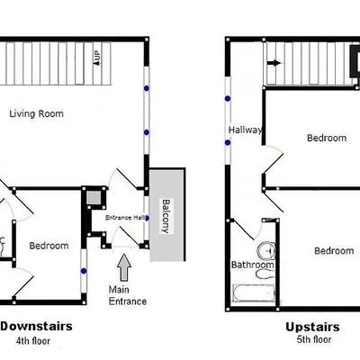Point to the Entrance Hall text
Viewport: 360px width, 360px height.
pyautogui.click(x=125, y=217)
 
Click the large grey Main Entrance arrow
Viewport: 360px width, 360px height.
pyautogui.click(x=123, y=266)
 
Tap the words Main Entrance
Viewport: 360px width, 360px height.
pyautogui.click(x=127, y=294)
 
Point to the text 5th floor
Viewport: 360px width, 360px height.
pyautogui.click(x=312, y=340)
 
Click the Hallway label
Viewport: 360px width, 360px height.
pyautogui.click(x=245, y=130)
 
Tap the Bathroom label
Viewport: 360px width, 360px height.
pyautogui.click(x=252, y=265)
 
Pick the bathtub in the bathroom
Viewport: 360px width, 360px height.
pyautogui.click(x=254, y=292)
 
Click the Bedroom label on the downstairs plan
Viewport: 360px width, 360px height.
pyautogui.click(x=49, y=246)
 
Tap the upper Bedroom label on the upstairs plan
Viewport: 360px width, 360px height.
pyautogui.click(x=326, y=138)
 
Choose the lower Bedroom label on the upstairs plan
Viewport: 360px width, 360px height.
pyautogui.click(x=332, y=251)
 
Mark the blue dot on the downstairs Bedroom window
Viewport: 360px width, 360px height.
pyautogui.click(x=83, y=268)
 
